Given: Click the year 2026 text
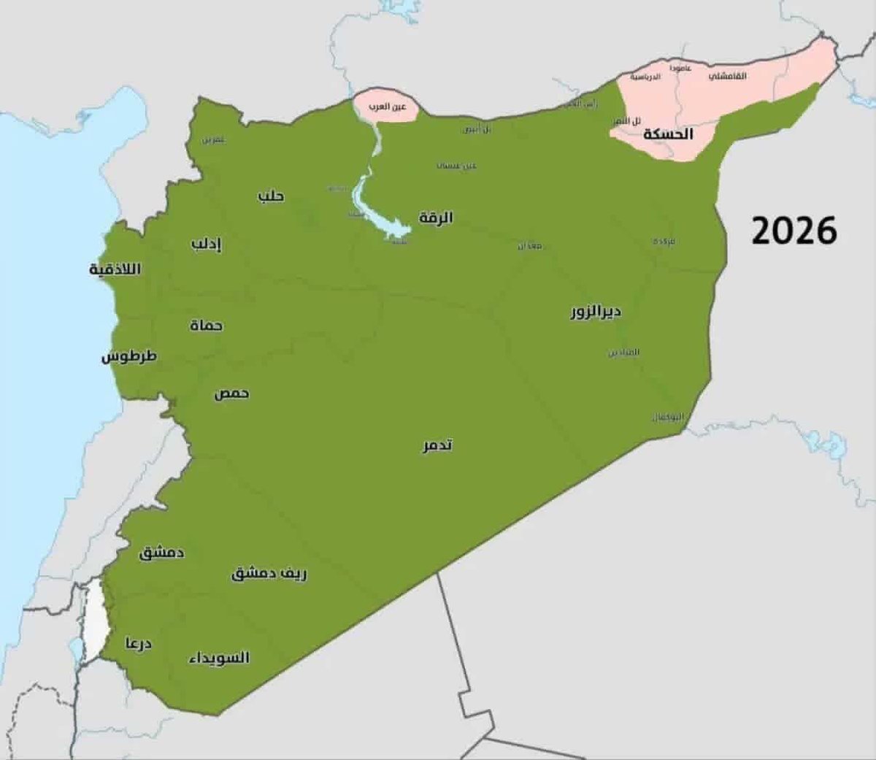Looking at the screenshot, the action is (x=794, y=231).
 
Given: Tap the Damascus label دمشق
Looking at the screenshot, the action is (x=161, y=553).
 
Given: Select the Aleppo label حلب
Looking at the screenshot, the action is (x=271, y=196).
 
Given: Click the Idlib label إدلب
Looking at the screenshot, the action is (x=206, y=244).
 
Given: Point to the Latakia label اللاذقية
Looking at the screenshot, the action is (x=115, y=269).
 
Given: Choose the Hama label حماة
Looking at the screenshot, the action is (x=206, y=325).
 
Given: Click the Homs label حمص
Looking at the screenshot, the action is (x=231, y=394).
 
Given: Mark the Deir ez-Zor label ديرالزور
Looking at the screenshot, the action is (x=596, y=312).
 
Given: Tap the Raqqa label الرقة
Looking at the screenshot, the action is (x=436, y=218).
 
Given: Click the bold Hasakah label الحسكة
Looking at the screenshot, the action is (x=667, y=134).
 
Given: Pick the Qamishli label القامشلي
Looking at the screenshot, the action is (x=727, y=76).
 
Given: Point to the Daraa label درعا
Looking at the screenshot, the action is (x=137, y=645).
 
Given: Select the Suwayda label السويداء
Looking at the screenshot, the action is (x=219, y=658).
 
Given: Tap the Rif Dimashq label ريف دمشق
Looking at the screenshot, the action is (x=269, y=574).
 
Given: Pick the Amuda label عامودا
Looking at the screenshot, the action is (x=680, y=67).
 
